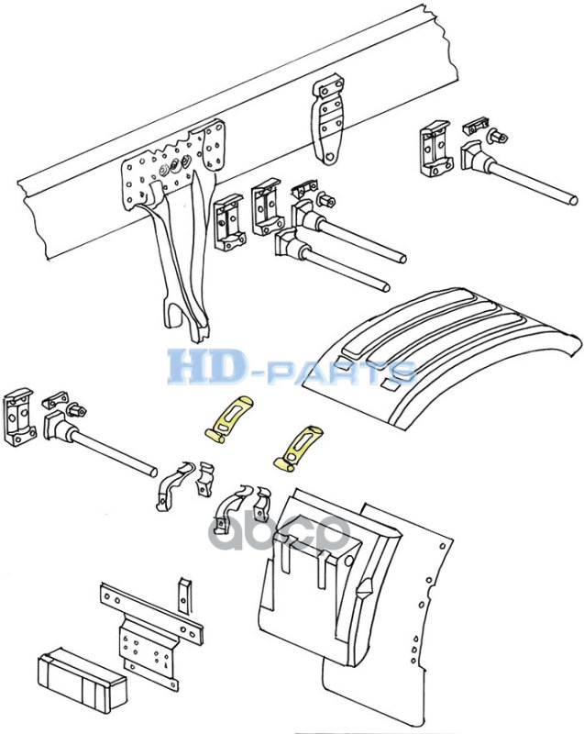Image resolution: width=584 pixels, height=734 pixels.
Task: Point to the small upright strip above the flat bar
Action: click(x=185, y=594)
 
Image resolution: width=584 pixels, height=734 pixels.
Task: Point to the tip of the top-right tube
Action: click(x=574, y=199)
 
